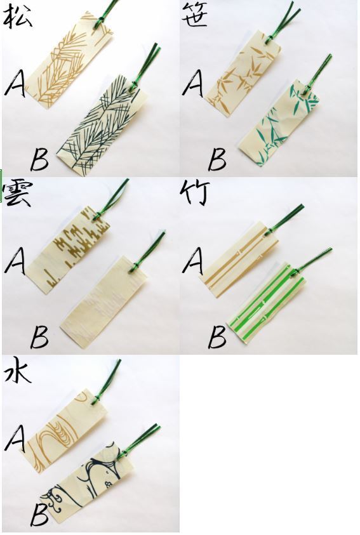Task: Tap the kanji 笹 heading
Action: [x=194, y=15]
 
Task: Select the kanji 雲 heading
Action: [x=17, y=194]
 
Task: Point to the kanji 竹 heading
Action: [x=194, y=193]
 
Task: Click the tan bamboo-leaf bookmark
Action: [x=243, y=74]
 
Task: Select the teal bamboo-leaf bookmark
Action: [x=279, y=124]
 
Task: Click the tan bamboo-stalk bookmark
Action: [x=239, y=260]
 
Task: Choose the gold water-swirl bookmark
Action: [x=67, y=430]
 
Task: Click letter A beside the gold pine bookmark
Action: [x=15, y=83]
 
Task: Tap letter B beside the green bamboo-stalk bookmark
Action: [x=217, y=336]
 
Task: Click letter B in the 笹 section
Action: [x=217, y=159]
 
